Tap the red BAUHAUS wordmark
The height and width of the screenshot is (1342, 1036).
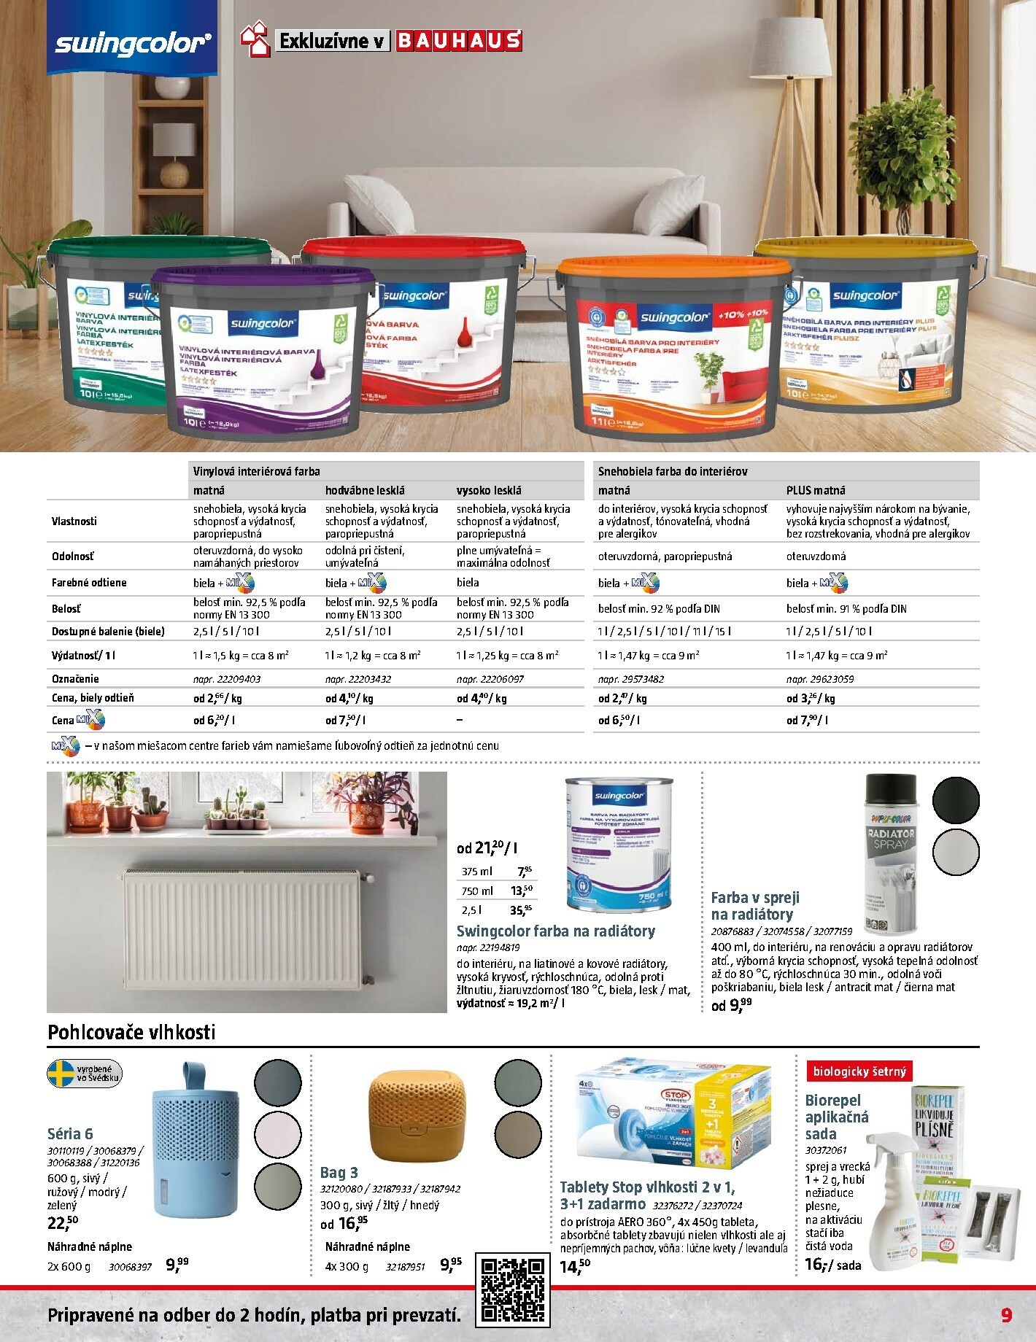coord(459,40)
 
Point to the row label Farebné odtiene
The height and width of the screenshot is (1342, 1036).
coord(89,583)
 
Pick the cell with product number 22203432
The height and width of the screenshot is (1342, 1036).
coord(358,679)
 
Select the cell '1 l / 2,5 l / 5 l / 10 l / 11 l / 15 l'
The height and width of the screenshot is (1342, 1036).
coord(665,632)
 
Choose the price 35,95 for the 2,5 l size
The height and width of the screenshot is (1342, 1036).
coord(521,909)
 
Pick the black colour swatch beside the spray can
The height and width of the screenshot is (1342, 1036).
coord(956,800)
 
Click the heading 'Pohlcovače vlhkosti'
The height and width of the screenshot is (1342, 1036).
coord(131,1032)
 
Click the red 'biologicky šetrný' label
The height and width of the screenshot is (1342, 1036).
coord(859,1071)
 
